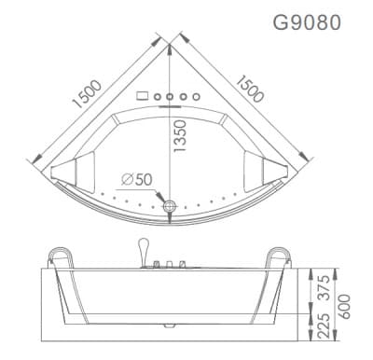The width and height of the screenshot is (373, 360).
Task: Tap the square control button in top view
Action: (x=142, y=95)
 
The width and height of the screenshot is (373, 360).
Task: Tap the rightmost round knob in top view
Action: (x=198, y=95)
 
